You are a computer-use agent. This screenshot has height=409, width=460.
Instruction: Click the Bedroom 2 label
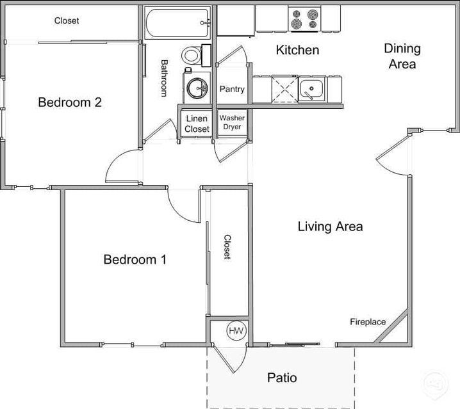coord(70,102)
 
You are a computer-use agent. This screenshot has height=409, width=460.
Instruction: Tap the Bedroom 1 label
coord(135,259)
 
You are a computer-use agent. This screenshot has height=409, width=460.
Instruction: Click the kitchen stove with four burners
coord(304,19)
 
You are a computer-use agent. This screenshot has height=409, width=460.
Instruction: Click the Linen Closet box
coord(197,124)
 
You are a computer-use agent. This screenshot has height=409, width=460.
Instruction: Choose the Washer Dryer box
coord(232,123)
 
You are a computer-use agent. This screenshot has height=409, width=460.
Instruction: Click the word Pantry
coord(232,89)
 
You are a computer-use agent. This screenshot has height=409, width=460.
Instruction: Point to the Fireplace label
coord(368,322)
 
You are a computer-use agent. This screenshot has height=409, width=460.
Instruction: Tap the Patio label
coord(282,378)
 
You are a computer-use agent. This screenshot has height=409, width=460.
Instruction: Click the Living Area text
coord(330,226)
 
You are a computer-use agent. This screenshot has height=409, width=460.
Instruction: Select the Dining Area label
coord(402,56)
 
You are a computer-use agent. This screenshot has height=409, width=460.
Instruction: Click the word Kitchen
coord(297,50)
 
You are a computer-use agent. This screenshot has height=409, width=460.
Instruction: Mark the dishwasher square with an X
coord(284,88)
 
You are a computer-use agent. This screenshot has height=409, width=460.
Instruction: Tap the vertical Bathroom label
coord(164,78)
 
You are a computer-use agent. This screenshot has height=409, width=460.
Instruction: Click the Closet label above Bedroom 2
coord(67,20)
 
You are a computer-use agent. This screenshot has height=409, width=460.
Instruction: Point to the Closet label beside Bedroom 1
coord(227,246)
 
